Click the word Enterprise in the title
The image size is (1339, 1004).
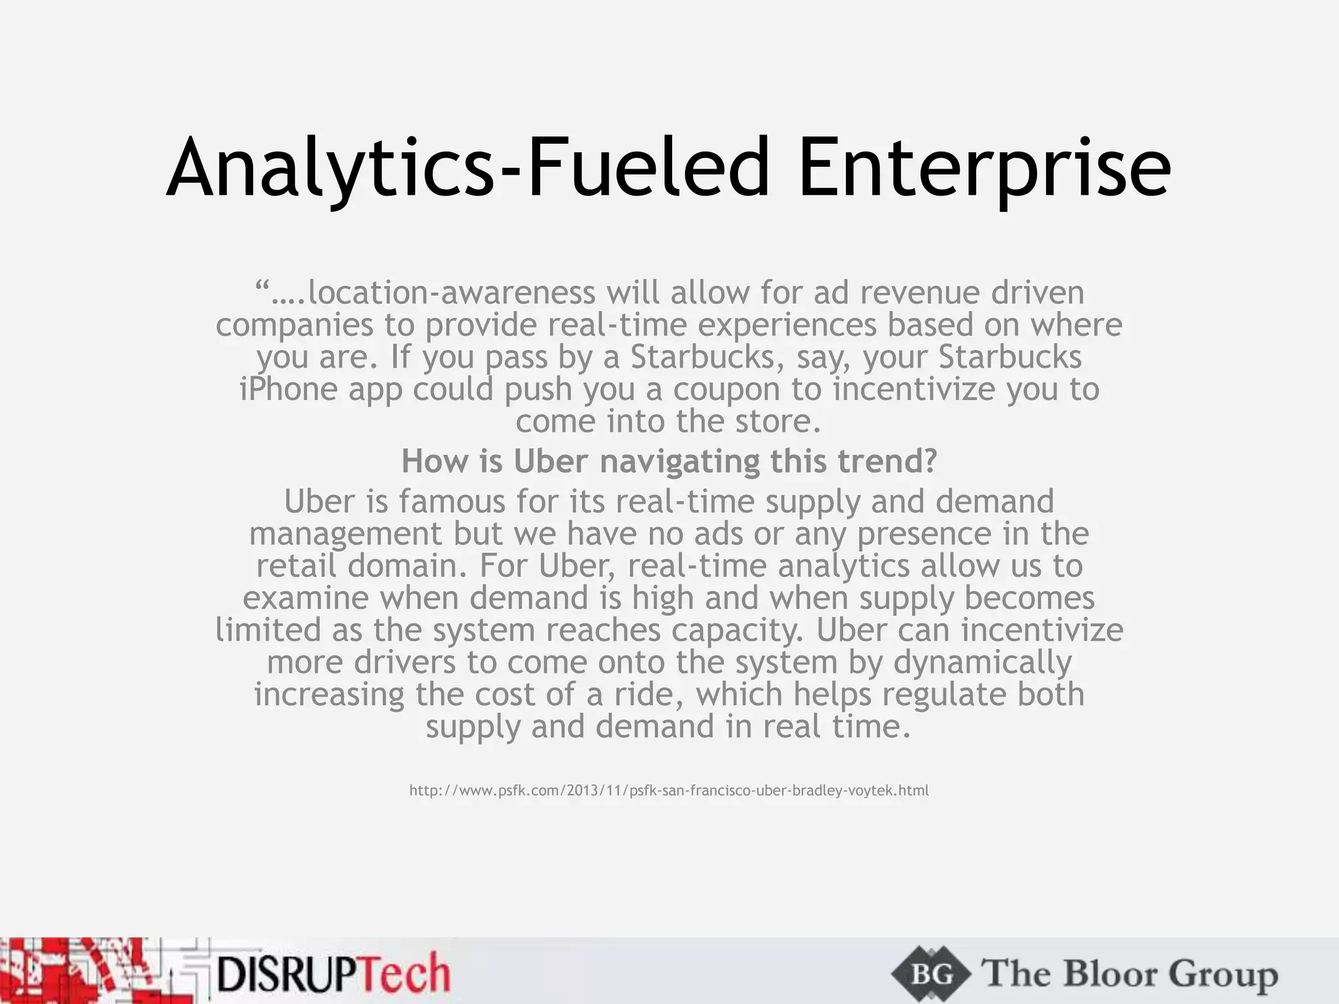tap(984, 169)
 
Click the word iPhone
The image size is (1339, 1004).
tap(288, 390)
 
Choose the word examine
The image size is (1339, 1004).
tap(306, 598)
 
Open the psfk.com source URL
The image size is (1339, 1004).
tap(669, 791)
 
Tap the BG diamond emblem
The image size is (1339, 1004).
tap(931, 975)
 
